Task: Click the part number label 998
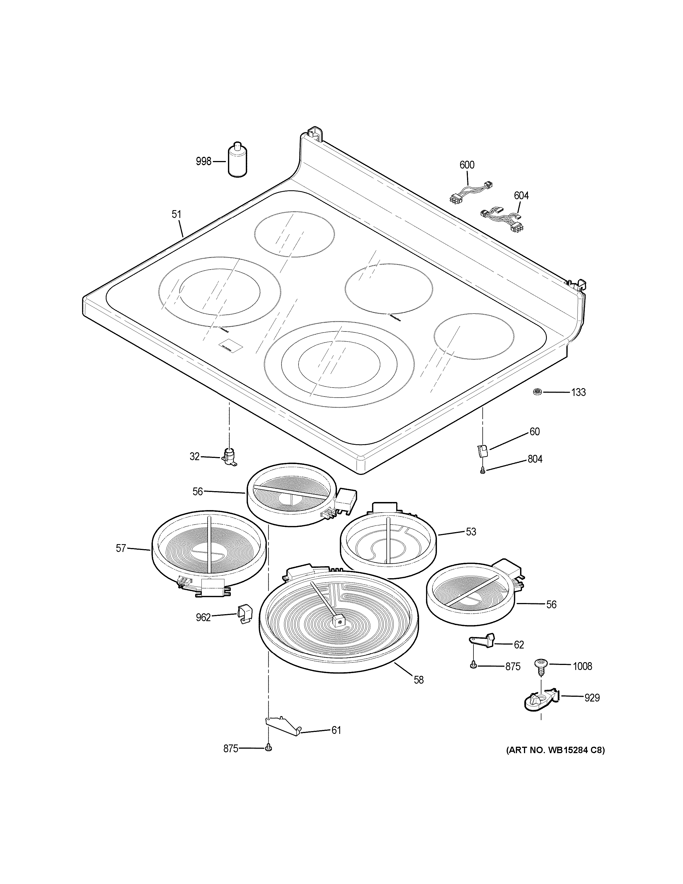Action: point(203,162)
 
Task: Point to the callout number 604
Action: point(521,196)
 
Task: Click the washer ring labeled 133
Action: point(538,391)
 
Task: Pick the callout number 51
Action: point(176,214)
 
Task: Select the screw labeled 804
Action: point(482,470)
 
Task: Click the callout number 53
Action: point(471,532)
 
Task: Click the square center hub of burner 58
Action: point(339,631)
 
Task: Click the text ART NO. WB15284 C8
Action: point(555,750)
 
